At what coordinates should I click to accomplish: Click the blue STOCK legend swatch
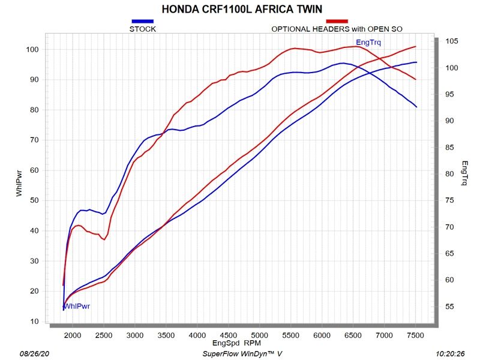142,21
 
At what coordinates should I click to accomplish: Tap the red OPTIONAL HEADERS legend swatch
337,21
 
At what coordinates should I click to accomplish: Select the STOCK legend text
143,28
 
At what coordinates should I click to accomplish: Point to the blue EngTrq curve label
368,42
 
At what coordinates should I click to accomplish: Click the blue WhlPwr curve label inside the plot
77,306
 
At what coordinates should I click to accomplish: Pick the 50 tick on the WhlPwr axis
34,200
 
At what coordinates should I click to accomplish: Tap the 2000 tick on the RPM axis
73,335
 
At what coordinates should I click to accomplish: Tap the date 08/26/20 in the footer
35,355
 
